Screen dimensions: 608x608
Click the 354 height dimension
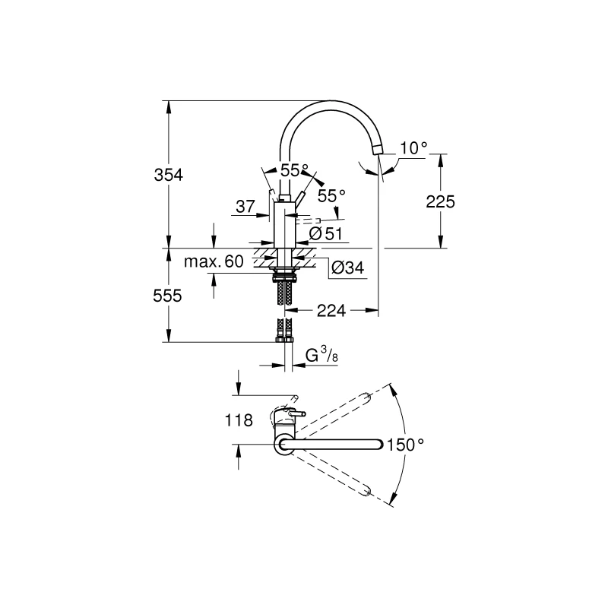[x=168, y=175]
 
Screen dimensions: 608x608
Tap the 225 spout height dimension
[x=440, y=201]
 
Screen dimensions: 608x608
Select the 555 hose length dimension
[x=167, y=296]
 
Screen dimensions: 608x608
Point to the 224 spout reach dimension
[x=331, y=310]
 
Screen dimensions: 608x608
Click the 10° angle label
[x=413, y=147]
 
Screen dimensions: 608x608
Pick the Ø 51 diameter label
[x=326, y=233]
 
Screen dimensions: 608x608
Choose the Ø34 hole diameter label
[x=348, y=268]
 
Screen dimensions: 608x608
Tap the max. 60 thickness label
[x=214, y=261]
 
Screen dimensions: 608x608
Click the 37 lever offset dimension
[x=245, y=207]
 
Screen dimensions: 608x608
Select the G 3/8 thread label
[x=321, y=355]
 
